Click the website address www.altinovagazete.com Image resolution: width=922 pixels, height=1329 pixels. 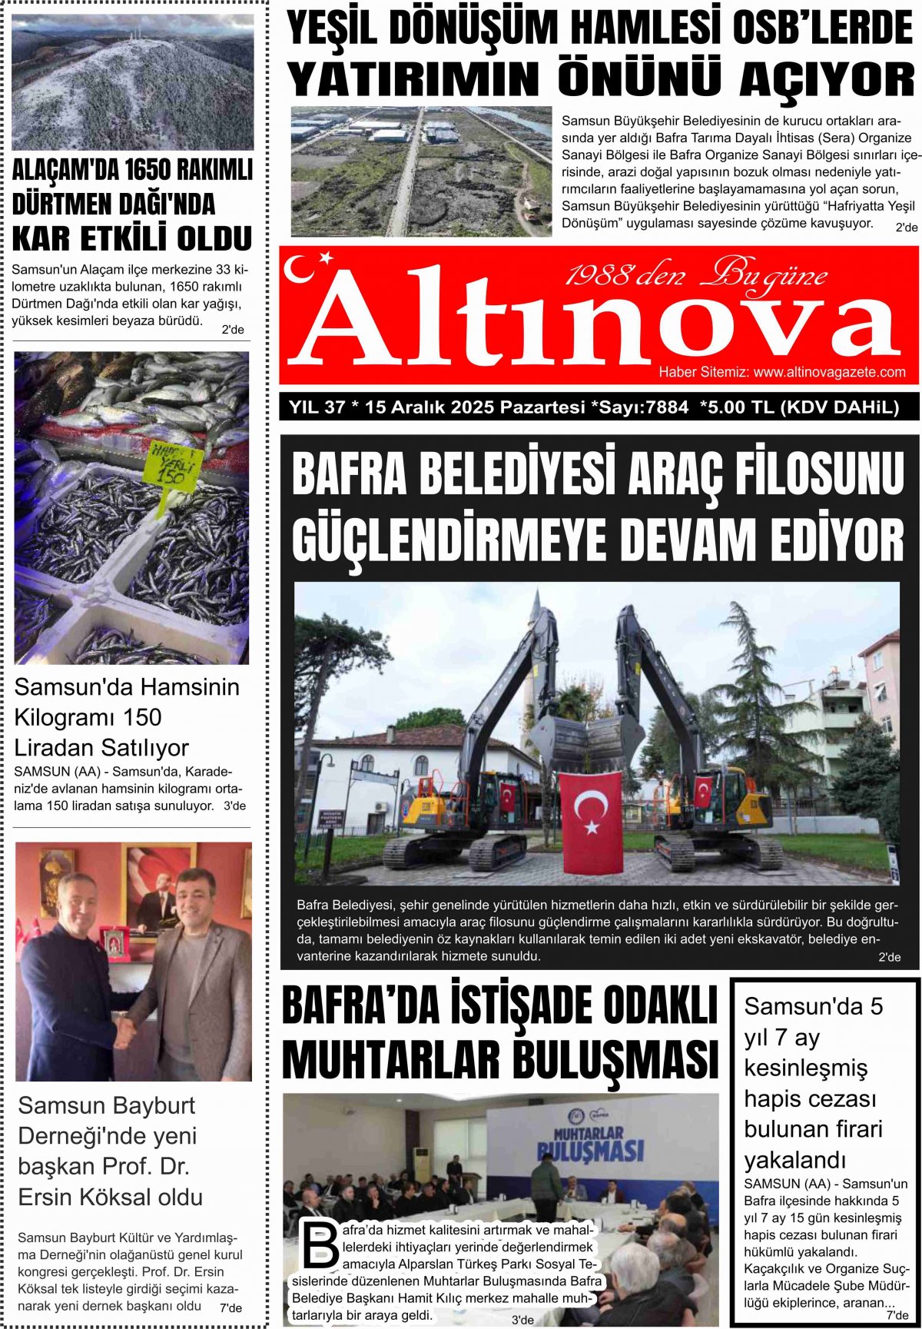click(829, 372)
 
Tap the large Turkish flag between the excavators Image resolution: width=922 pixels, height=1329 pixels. click(591, 819)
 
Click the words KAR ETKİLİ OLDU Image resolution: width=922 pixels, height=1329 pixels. click(132, 239)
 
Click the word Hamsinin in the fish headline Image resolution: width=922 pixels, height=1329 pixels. click(183, 686)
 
